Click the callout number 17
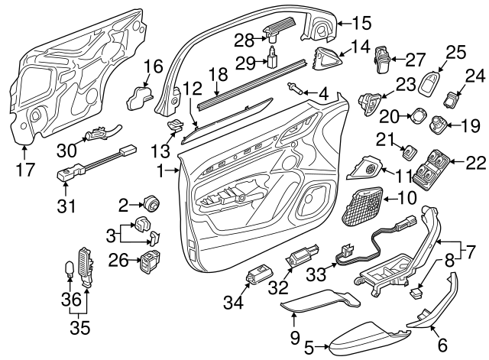tap(25, 168)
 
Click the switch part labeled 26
tap(149, 263)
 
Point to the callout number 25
tap(455, 52)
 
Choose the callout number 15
tap(359, 23)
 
